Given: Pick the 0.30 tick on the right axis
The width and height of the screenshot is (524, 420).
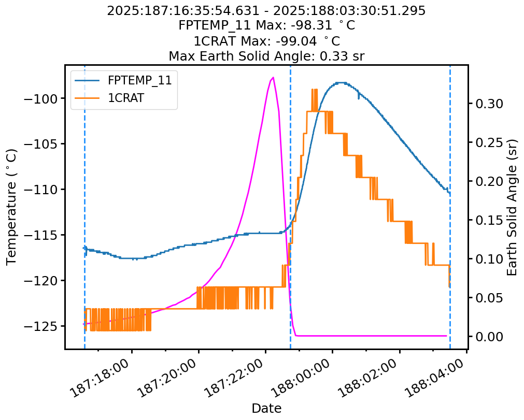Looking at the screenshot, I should click(486, 104).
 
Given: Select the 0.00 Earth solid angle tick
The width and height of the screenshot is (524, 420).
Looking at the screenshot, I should click(486, 337).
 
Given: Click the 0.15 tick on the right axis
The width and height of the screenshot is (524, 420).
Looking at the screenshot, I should click(486, 220).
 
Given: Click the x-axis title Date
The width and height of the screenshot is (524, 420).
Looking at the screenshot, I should click(266, 409).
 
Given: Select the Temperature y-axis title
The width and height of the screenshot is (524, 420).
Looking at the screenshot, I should click(12, 207).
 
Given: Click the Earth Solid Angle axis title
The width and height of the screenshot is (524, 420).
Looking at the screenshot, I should click(513, 207).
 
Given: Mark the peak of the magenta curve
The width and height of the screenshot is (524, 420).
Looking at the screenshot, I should click(273, 77).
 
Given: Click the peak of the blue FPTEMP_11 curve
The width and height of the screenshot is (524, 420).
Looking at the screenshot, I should click(341, 82).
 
